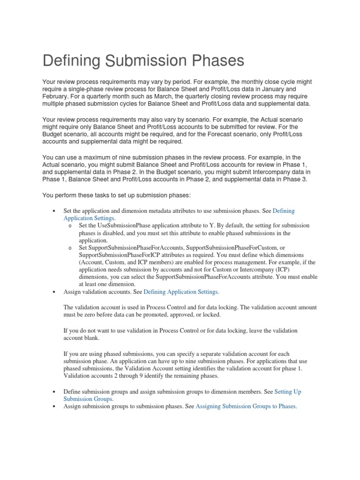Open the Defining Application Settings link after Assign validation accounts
180,292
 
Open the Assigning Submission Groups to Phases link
246,406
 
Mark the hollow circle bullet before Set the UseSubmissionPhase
70,226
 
